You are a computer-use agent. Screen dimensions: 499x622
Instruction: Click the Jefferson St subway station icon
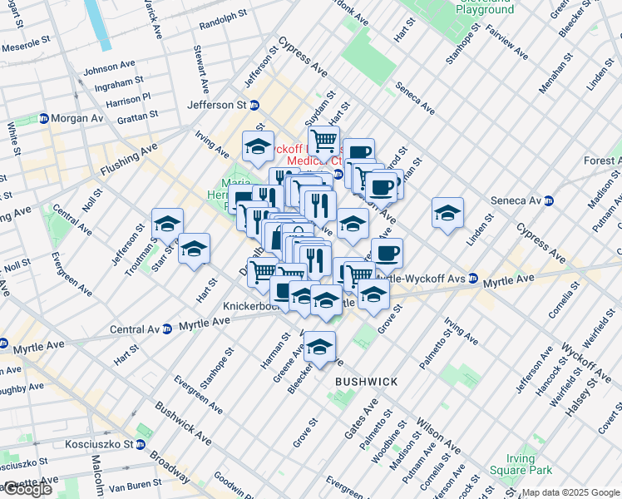point(254,105)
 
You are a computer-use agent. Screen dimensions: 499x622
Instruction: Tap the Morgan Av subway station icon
point(43,118)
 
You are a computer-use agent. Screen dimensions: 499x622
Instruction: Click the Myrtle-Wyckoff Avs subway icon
point(472,279)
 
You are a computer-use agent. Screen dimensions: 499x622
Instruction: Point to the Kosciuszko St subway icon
point(141,444)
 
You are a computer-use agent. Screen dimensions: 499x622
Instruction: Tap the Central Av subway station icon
point(166,328)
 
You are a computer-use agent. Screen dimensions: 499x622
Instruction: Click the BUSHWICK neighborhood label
point(366,381)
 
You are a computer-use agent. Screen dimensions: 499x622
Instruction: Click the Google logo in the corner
point(27,489)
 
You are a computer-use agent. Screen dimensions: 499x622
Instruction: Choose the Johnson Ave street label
point(109,67)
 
